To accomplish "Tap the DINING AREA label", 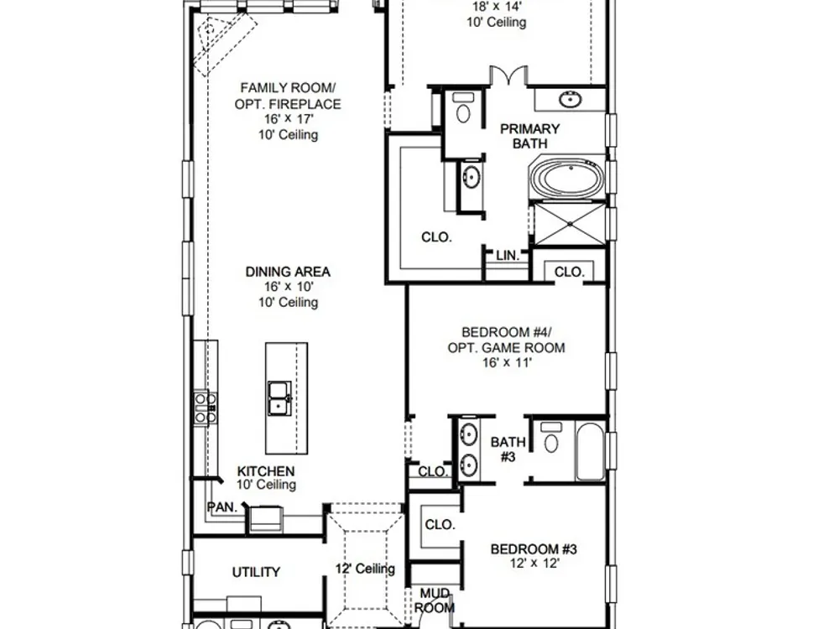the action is click(288, 272).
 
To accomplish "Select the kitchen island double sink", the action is click(279, 398).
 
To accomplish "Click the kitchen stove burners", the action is click(206, 408).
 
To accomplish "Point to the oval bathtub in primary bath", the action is click(568, 178).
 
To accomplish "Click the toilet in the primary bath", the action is click(463, 108).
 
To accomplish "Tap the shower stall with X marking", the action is click(570, 224).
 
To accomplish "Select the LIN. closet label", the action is click(508, 256).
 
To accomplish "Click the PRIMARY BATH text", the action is click(529, 136).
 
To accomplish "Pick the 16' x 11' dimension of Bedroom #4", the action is click(507, 362).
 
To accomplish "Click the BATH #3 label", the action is click(508, 450).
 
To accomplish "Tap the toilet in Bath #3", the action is click(550, 438).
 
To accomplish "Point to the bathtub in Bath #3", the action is click(590, 452).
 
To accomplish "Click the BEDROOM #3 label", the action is click(534, 549).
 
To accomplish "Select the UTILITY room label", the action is click(256, 572).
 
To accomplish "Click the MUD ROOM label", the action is click(435, 600).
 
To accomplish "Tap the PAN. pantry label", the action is click(222, 507).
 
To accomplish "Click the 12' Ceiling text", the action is click(366, 569).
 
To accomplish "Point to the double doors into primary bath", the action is click(509, 75).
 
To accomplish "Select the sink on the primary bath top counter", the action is click(571, 100).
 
